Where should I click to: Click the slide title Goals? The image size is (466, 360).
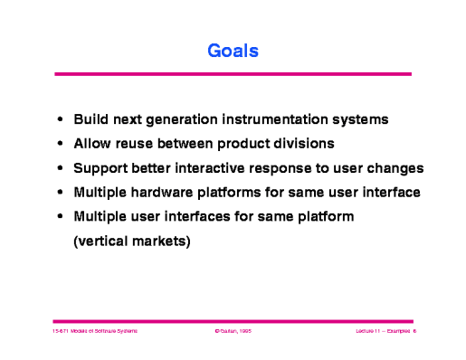coord(233,52)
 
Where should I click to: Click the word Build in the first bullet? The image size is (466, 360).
coord(90,119)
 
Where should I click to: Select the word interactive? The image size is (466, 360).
coord(218,168)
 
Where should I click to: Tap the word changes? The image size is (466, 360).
coord(395,168)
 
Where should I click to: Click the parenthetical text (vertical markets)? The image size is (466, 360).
coord(132,242)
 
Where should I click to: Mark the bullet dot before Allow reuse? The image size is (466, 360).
coord(60,144)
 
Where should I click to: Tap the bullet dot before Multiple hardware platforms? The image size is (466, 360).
coord(60,193)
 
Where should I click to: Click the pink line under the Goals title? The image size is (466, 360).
coord(233,74)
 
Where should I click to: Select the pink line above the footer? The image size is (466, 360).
coord(233,320)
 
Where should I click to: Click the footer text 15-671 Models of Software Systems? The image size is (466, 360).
coord(94,332)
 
